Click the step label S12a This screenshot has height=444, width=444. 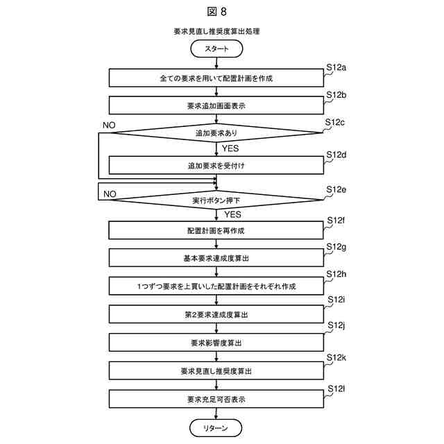336,67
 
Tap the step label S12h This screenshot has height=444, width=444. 336,275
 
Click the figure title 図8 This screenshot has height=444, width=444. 217,11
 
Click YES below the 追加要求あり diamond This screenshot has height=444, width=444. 231,148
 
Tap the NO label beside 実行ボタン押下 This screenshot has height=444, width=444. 110,194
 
